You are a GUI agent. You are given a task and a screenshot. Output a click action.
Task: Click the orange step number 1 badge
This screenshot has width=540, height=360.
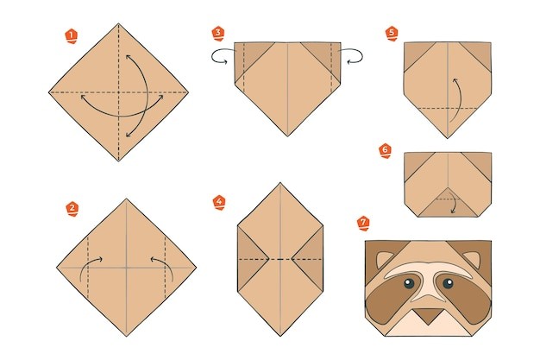click(72, 36)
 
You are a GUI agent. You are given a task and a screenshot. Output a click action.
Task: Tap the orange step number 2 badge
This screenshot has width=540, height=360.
click(72, 209)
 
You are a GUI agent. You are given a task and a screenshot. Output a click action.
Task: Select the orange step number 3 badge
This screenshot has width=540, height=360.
click(218, 34)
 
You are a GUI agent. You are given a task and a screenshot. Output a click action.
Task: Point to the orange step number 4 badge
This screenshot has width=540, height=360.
click(219, 202)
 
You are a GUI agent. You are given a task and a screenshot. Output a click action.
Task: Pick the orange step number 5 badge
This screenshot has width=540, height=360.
click(392, 34)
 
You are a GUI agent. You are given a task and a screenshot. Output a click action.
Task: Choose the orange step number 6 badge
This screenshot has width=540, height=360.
click(386, 151)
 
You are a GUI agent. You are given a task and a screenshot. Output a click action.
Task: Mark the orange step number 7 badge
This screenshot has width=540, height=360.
click(363, 224)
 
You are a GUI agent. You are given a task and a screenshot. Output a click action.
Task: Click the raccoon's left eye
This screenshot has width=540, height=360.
click(408, 283)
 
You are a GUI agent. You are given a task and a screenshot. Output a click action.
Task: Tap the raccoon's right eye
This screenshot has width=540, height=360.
click(448, 283)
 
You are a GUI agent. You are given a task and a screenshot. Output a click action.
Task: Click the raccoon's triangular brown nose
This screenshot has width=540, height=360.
click(428, 315)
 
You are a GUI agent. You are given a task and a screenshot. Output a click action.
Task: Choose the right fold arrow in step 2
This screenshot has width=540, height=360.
click(166, 264)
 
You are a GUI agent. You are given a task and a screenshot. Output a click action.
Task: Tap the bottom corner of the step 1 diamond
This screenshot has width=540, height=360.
click(119, 161)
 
